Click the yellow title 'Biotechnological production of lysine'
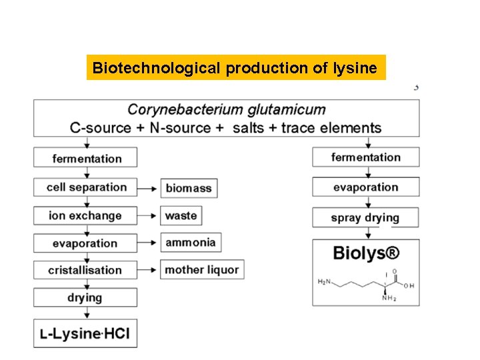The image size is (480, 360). tap(236, 68)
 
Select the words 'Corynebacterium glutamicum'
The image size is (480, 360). tap(227, 110)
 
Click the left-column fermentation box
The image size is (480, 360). tap(86, 159)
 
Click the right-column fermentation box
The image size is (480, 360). tap(365, 158)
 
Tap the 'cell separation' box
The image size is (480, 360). tap(86, 187)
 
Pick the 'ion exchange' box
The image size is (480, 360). tap(85, 216)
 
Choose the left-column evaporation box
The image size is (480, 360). tap(86, 243)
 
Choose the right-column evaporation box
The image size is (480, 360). tap(365, 187)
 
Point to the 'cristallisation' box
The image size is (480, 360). tap(85, 270)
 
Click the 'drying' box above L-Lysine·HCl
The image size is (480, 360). tap(85, 297)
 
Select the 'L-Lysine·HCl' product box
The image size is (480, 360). tap(85, 333)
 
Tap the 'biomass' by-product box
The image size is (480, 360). tap(188, 189)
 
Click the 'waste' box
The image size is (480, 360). tap(181, 216)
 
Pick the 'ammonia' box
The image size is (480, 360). tap(190, 243)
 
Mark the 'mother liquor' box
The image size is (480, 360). tap(203, 270)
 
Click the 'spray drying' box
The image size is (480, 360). tap(365, 218)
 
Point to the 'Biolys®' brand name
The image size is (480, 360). tap(366, 254)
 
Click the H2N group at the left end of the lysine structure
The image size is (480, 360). tap(323, 283)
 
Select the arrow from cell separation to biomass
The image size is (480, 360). tap(149, 189)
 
